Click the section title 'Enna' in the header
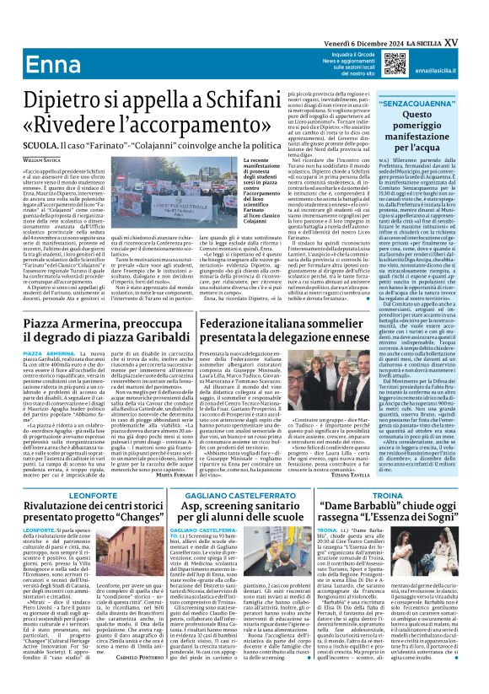[x=32, y=42]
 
